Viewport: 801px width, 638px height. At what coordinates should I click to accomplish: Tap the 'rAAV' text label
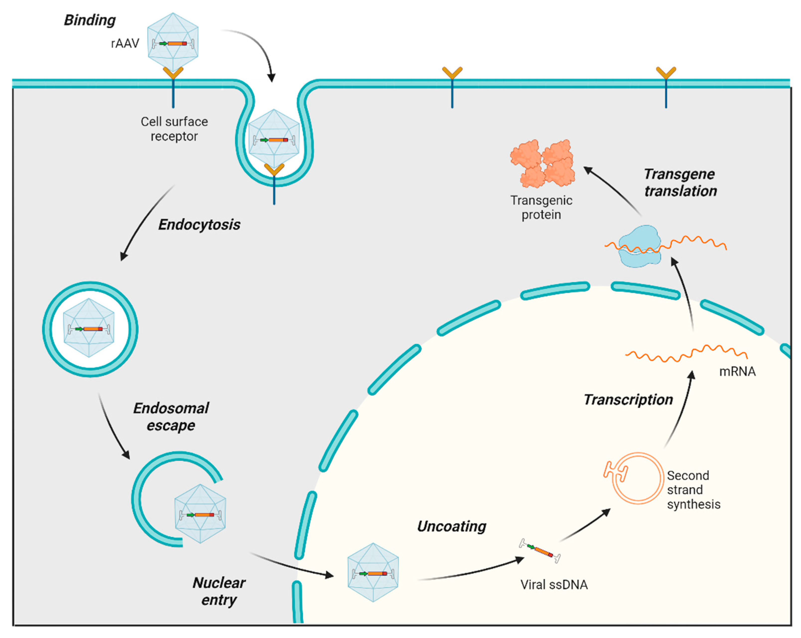coord(125,43)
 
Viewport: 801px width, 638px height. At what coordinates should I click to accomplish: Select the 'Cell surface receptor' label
coord(174,129)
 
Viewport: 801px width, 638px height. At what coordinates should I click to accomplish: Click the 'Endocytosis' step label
coord(199,224)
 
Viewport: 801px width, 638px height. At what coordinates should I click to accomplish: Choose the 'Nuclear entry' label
coord(219,591)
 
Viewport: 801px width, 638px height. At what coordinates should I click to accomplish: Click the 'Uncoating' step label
coord(451,526)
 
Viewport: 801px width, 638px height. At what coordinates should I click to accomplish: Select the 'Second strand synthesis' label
coord(693,490)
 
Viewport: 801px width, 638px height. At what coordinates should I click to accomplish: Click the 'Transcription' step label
coord(628,399)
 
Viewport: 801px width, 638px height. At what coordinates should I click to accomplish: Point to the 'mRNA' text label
coord(737,371)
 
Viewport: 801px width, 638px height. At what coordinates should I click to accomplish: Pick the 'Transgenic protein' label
coord(541,207)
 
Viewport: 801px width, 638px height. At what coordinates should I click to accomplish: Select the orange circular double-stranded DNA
coord(637,478)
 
